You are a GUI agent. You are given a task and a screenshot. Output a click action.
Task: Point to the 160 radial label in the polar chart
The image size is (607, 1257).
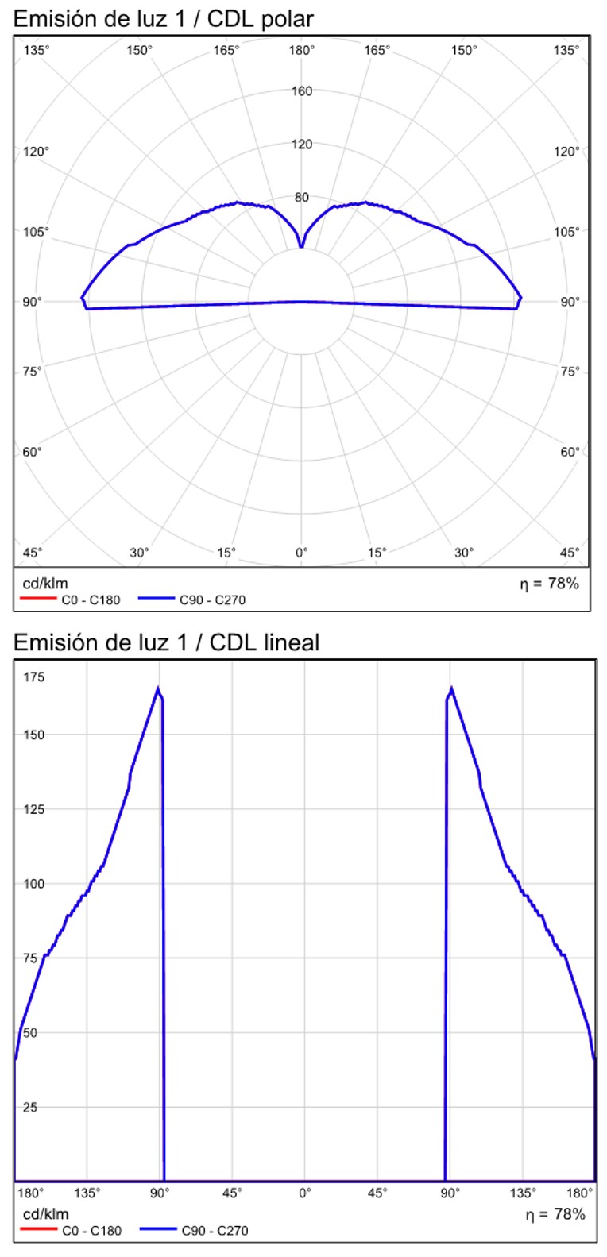click(x=302, y=91)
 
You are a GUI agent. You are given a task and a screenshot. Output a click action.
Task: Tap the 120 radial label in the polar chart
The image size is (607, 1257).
click(x=302, y=144)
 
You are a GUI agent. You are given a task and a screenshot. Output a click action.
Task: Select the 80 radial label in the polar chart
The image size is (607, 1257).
click(x=302, y=197)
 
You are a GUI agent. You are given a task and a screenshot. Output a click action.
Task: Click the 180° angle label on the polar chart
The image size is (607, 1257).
click(x=302, y=51)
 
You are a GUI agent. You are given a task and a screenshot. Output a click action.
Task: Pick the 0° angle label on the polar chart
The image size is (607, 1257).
click(x=302, y=552)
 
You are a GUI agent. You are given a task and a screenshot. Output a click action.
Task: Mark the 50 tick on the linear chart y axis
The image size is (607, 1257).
click(x=31, y=1032)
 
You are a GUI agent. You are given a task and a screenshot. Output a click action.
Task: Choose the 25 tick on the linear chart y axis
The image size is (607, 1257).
click(x=31, y=1106)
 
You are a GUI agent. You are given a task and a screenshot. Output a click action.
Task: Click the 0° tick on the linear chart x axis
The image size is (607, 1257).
click(x=304, y=1193)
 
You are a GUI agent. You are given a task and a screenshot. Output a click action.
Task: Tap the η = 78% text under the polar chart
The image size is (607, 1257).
click(x=550, y=584)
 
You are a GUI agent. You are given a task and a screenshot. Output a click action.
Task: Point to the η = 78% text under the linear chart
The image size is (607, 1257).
click(x=555, y=1214)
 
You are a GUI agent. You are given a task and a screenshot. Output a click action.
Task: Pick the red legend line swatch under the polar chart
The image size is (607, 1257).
click(x=38, y=600)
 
